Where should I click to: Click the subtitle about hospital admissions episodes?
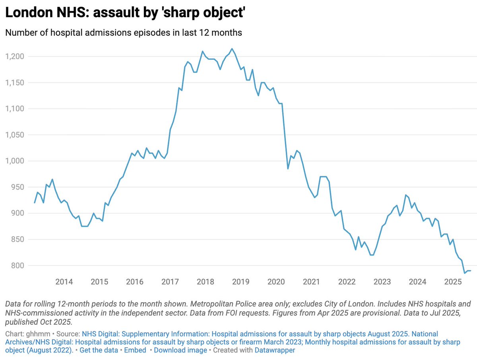pos(123,33)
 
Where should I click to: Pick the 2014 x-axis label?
pos(64,282)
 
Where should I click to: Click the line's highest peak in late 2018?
pos(232,49)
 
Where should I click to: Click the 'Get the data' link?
pos(99,350)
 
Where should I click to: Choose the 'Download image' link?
pos(180,350)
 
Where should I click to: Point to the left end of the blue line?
pos(35,203)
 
